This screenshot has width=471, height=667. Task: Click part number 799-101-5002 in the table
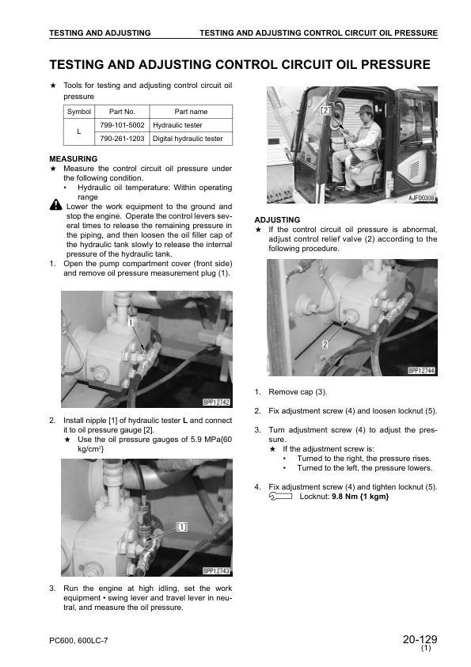(122, 125)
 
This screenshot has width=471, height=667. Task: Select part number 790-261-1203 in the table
(122, 139)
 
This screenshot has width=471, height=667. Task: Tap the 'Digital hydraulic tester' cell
(188, 139)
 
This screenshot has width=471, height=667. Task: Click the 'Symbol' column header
(79, 112)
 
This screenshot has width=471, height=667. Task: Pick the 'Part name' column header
(191, 112)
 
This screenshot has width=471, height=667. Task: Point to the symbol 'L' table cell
(78, 131)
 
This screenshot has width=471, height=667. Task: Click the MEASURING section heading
(74, 158)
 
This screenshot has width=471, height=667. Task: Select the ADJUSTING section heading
(277, 220)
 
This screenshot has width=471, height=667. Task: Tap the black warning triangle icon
(55, 205)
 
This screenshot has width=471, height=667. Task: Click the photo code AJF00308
(422, 198)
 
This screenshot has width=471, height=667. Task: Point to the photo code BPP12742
(216, 402)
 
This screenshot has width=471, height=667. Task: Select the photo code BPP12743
(216, 571)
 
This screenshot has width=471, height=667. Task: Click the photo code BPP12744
(422, 371)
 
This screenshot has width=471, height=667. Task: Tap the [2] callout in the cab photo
(325, 111)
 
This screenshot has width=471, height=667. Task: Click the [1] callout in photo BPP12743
(181, 527)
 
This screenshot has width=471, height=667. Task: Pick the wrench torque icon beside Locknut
(280, 497)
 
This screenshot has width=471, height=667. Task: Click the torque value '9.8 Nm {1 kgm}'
(360, 497)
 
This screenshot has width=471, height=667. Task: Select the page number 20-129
(420, 639)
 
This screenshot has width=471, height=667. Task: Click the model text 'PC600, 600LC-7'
(78, 640)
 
